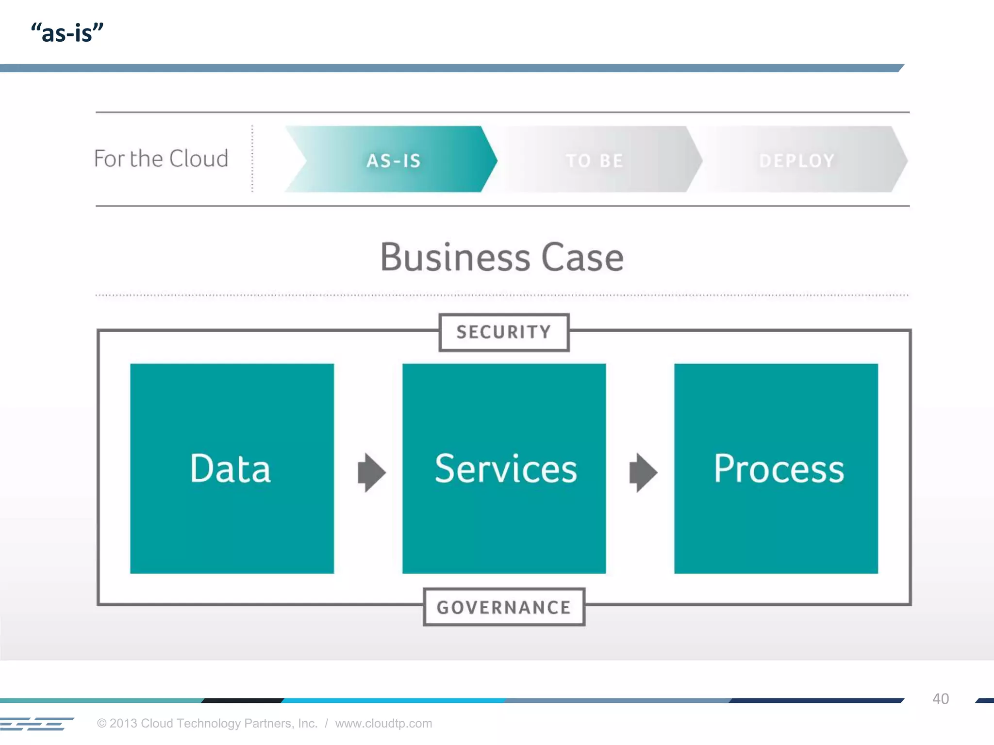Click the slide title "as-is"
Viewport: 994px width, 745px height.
[x=67, y=33]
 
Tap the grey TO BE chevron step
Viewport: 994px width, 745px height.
[x=595, y=160]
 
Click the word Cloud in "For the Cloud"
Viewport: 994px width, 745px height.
[x=199, y=159]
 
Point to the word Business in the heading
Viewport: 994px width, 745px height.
[x=455, y=257]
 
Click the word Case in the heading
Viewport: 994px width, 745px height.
[x=582, y=257]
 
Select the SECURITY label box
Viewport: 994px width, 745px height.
[x=504, y=332]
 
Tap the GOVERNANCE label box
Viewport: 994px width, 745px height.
[x=504, y=607]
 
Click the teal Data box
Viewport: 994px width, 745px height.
[x=232, y=469]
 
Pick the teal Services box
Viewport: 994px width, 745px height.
[x=504, y=469]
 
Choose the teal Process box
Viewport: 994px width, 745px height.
[x=776, y=469]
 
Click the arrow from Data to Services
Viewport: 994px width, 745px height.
[x=372, y=472]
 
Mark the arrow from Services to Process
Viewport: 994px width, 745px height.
[x=644, y=472]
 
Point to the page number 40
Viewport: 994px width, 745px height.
[x=941, y=698]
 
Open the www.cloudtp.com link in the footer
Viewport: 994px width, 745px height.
[x=383, y=723]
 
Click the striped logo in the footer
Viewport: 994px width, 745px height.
[x=36, y=724]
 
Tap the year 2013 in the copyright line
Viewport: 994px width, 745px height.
[x=123, y=723]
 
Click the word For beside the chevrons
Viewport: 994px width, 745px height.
[x=109, y=159]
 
